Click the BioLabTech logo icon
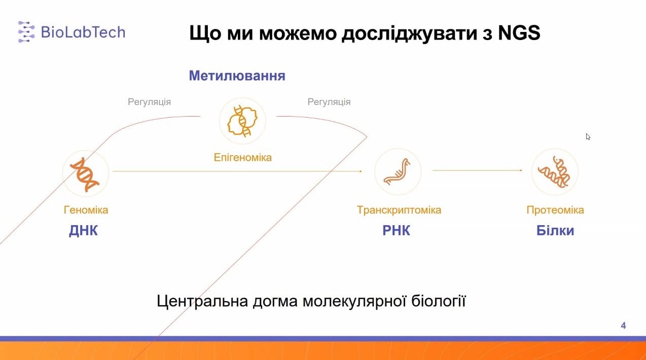pos(26,32)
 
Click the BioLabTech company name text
pos(83,32)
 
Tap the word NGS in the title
pos(519,32)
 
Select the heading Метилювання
pos(237,76)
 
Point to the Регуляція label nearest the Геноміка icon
pos(150,102)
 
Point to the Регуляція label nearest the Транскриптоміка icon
pos(329,102)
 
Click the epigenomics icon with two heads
pos(242,121)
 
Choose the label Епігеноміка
pos(242,158)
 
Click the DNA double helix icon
pos(85,174)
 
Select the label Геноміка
pos(86,210)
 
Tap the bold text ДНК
pos(83,231)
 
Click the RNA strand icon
pos(397,172)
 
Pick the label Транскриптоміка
pos(399,210)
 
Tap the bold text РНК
pos(396,231)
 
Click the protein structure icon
pos(554,172)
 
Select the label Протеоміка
pos(555,210)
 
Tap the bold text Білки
pos(555,231)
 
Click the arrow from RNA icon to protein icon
pos(477,170)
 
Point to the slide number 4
pos(623,326)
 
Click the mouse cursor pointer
pos(588,137)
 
